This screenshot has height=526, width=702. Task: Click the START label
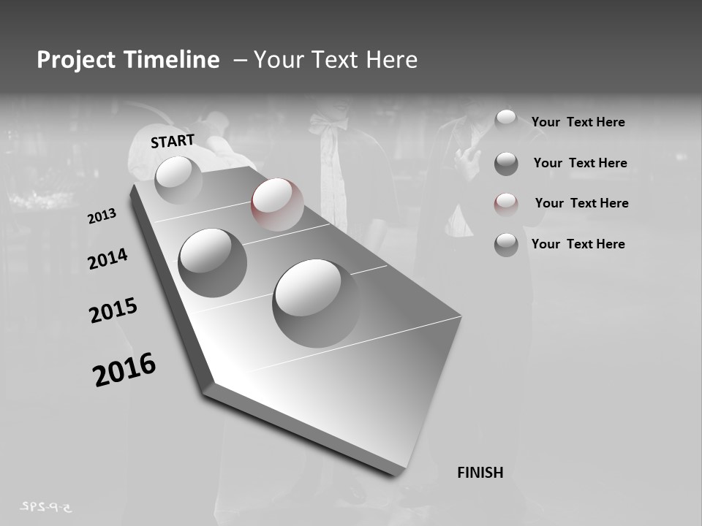point(173,140)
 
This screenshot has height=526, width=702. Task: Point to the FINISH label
point(480,473)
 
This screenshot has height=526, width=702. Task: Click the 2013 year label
point(102,216)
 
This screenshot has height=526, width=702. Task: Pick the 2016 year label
point(124,370)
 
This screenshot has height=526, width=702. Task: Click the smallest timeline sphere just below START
point(178,179)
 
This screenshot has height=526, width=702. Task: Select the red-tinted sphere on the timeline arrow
point(277,204)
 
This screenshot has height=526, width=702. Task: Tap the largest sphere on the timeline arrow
point(317,302)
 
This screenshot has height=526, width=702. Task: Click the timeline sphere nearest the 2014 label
point(212,262)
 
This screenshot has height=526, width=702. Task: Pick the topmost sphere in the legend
point(506,120)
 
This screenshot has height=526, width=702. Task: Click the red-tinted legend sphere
point(506,205)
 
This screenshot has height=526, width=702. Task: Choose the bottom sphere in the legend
point(506,245)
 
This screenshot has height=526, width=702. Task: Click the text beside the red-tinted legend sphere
point(581,203)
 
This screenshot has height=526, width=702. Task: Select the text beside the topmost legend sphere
point(578,122)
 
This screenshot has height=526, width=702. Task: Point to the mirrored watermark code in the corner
point(49,506)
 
